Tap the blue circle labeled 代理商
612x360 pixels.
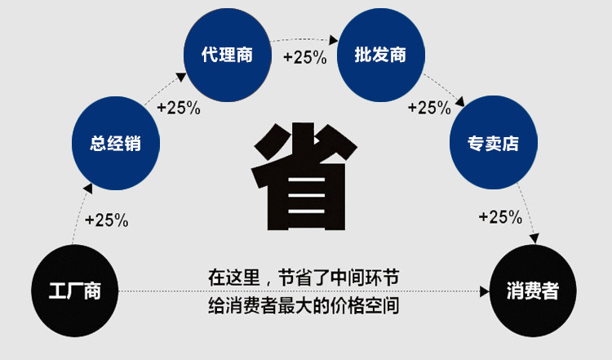[x=227, y=55]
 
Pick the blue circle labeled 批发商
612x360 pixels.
[x=380, y=55]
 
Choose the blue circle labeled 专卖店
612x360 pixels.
[x=492, y=144]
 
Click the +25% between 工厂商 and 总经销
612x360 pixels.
[x=106, y=220]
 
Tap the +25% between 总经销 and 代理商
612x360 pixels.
[x=178, y=107]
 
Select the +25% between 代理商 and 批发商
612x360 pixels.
[x=304, y=57]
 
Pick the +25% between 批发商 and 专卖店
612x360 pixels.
[x=428, y=107]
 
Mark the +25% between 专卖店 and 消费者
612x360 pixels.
[x=499, y=216]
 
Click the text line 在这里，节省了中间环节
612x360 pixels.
[x=303, y=278]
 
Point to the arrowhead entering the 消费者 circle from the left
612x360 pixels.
[x=483, y=291]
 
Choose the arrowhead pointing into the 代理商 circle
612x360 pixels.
[x=180, y=77]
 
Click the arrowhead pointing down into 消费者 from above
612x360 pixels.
[x=534, y=238]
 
